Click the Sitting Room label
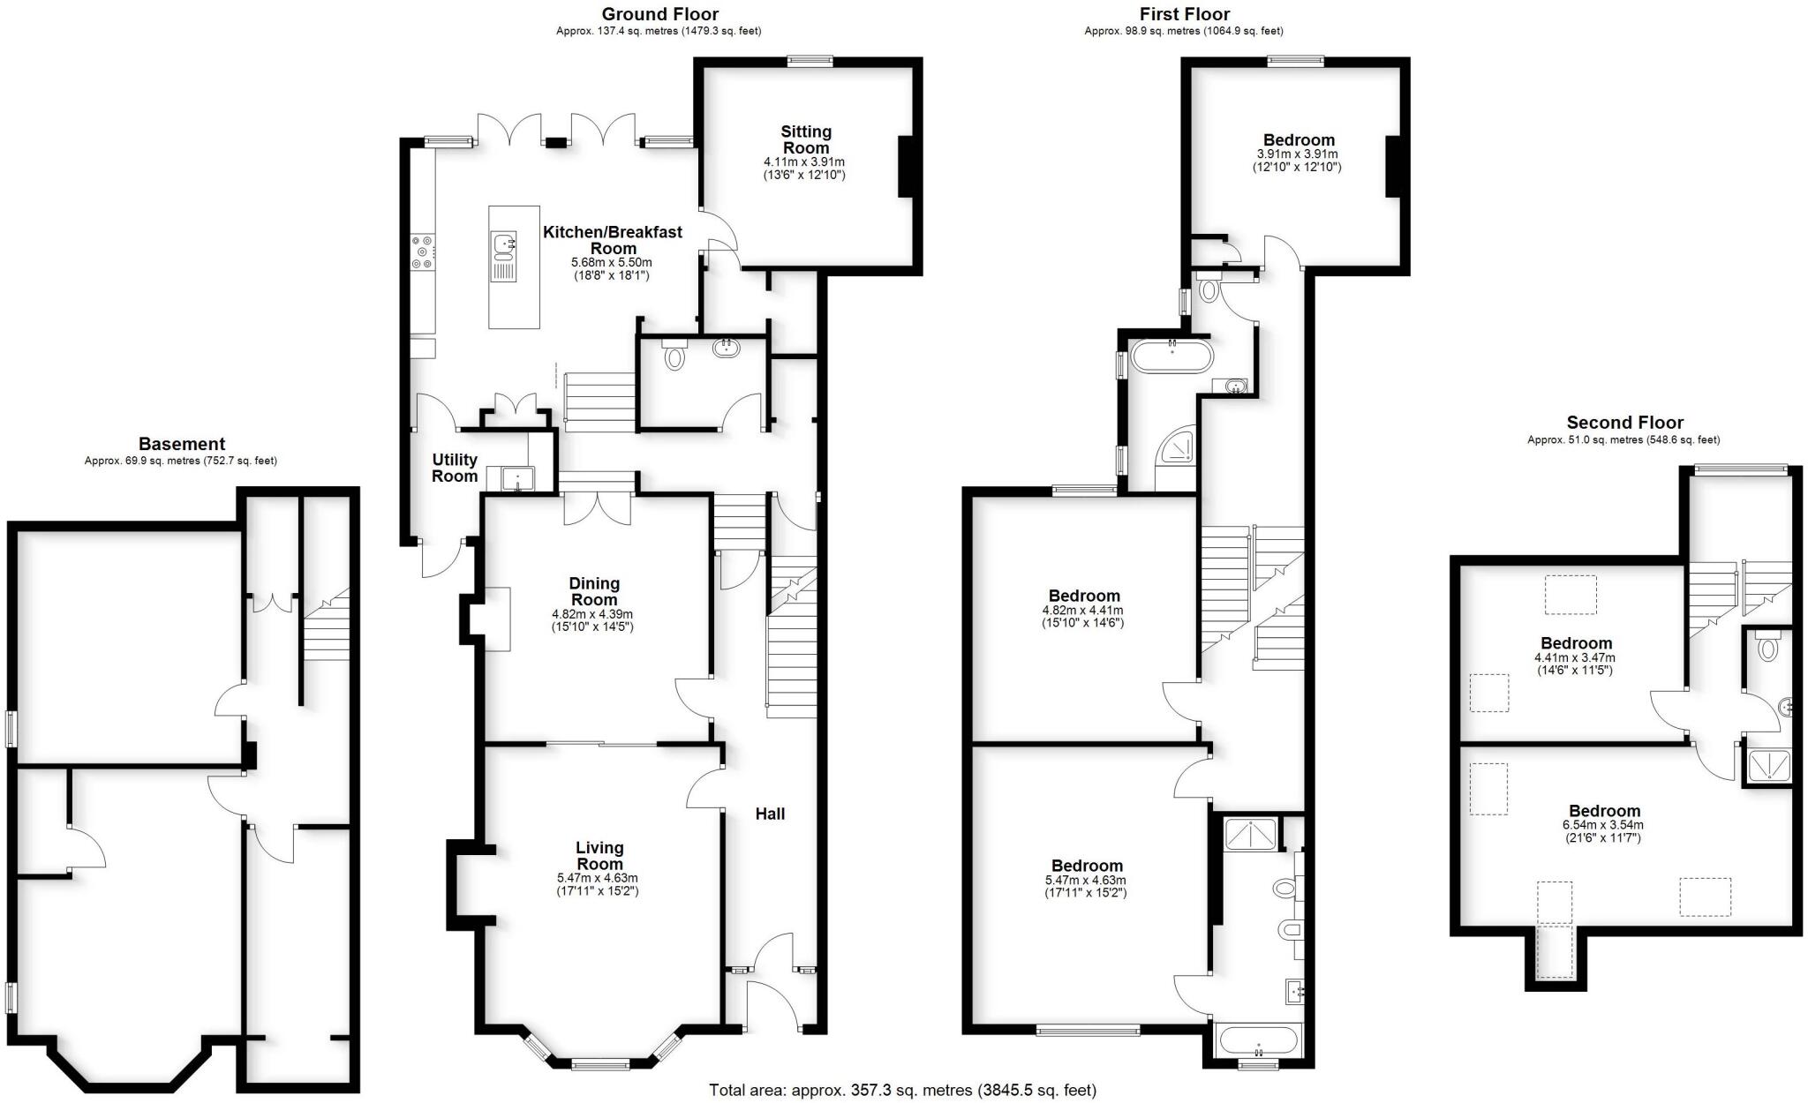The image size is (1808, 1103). (x=805, y=139)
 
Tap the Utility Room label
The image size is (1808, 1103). (x=455, y=468)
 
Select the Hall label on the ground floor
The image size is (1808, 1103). (x=770, y=814)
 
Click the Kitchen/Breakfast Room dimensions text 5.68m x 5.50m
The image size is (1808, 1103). (x=611, y=263)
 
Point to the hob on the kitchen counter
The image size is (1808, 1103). (x=422, y=251)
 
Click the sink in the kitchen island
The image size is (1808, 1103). (x=504, y=244)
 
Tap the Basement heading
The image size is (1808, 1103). (x=181, y=444)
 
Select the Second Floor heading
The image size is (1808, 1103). (x=1624, y=423)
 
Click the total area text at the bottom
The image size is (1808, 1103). (x=902, y=1090)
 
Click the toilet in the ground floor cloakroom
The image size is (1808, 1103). (x=675, y=356)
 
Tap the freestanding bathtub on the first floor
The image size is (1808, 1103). (x=1172, y=357)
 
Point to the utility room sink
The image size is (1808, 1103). (x=513, y=479)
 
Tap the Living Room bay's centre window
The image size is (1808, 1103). (x=600, y=1064)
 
